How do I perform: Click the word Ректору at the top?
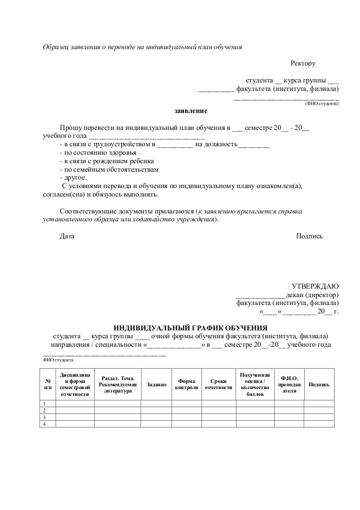[x=303, y=63]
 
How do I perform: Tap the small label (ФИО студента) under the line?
[x=322, y=104]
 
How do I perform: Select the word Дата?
[x=67, y=236]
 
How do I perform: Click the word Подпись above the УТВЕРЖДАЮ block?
[x=309, y=236]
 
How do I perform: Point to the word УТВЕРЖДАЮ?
[x=314, y=286]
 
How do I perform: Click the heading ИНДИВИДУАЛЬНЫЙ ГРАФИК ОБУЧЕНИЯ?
[x=191, y=328]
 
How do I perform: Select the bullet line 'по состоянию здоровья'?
[x=97, y=152]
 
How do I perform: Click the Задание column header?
[x=156, y=385]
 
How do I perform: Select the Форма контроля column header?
[x=187, y=385]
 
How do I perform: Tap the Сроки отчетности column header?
[x=218, y=385]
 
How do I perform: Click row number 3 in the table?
[x=45, y=417]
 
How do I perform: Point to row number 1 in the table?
[x=45, y=403]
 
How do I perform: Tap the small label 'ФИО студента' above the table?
[x=58, y=360]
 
